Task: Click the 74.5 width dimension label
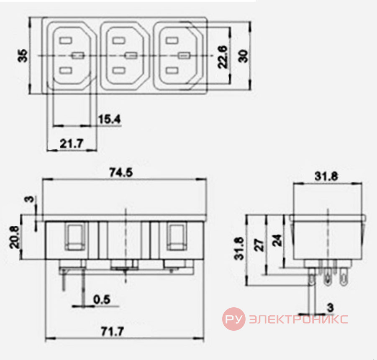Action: (x=121, y=172)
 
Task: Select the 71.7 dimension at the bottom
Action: (x=112, y=332)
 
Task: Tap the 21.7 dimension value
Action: (x=71, y=143)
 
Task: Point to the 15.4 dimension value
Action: (x=109, y=119)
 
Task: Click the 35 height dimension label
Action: (x=23, y=56)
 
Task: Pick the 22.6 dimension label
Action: (x=222, y=57)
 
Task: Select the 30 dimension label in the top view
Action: (x=244, y=56)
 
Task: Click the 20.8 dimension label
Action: (x=14, y=237)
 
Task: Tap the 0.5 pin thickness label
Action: (x=102, y=299)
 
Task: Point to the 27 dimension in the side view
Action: (x=259, y=245)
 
